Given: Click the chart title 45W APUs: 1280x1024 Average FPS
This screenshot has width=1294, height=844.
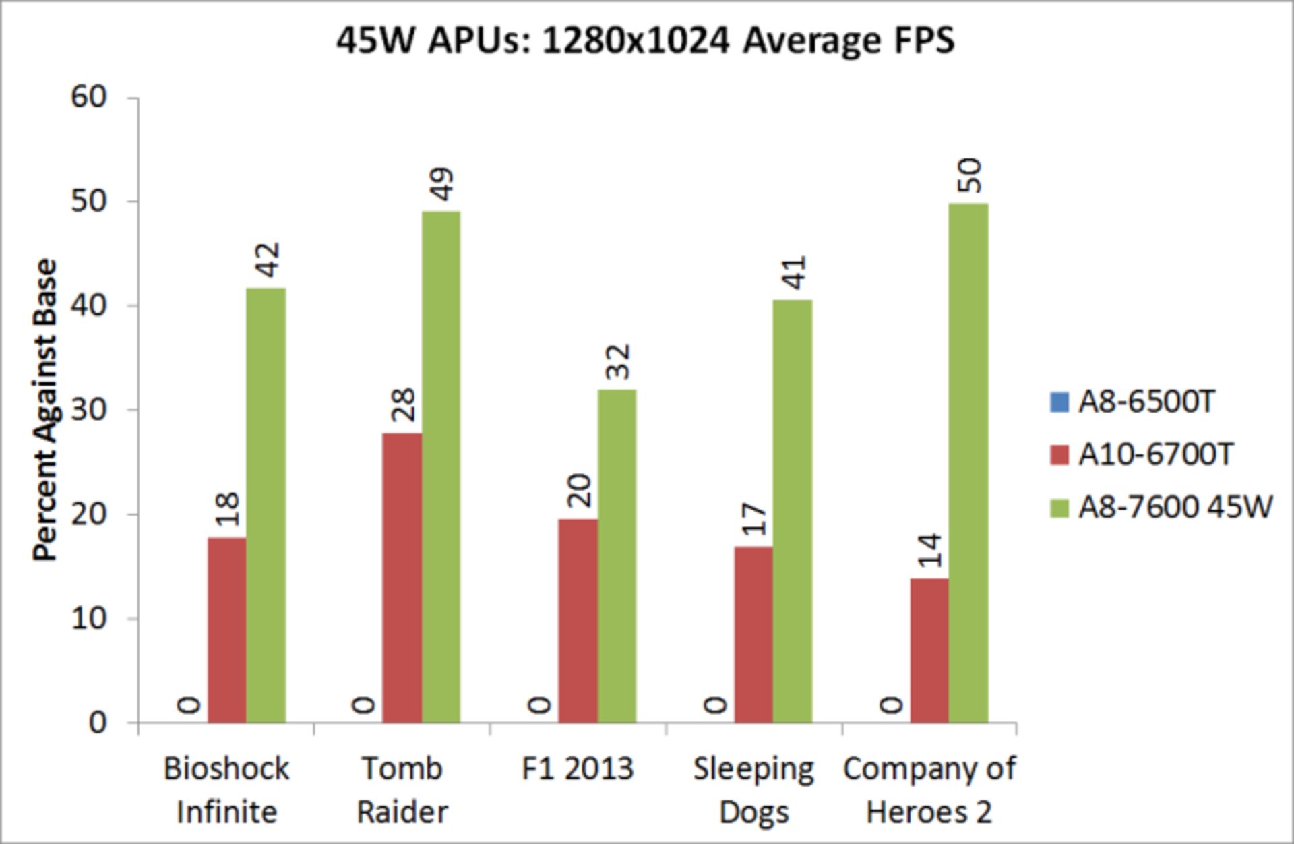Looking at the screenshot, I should point(645,40).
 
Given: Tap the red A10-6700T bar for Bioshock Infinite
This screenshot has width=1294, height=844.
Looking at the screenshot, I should point(227,630).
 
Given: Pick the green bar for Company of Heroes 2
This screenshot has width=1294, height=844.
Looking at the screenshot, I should point(968,462).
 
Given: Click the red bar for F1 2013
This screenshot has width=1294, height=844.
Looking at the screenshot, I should point(578,620).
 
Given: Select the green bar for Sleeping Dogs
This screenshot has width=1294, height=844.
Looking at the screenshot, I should point(793,511).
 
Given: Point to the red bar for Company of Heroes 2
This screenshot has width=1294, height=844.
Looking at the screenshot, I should point(929,650).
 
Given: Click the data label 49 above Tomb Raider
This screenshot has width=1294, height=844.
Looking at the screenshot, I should point(442,184).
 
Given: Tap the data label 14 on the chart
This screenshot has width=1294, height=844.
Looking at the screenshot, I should point(930,550).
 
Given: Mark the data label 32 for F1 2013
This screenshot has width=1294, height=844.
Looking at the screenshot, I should point(618,362).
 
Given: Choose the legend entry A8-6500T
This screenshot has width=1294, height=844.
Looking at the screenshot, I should point(1146,402).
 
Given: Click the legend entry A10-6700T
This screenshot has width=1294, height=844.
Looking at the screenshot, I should point(1155,455).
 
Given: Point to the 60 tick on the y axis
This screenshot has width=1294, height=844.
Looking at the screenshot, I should point(88,97).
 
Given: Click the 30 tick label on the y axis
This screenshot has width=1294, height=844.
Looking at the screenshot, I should point(88,410).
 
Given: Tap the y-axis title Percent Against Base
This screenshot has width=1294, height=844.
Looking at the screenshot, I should point(45,410).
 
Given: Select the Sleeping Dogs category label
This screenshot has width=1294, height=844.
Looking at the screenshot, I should point(753,789).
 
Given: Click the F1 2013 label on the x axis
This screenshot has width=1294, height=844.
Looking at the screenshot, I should point(578,768).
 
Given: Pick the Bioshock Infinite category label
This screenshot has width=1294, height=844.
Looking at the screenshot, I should point(226,789).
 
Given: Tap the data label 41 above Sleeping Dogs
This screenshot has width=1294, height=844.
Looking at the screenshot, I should point(794,272).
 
